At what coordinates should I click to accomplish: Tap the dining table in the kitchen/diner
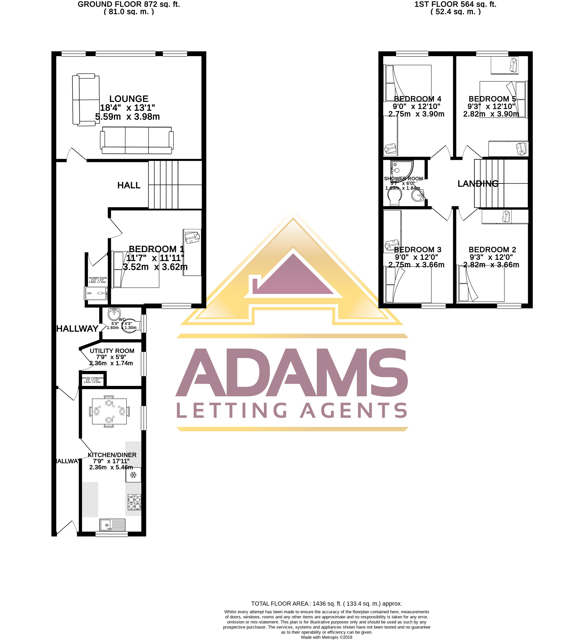(x=109, y=411)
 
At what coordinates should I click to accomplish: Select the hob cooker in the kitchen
(x=134, y=503)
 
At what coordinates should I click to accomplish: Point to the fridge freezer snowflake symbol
(x=133, y=475)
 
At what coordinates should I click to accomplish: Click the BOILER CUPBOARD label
(x=92, y=378)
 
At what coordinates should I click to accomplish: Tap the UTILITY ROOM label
(x=112, y=351)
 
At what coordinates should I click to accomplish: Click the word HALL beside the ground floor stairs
(x=129, y=185)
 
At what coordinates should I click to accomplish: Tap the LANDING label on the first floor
(x=478, y=184)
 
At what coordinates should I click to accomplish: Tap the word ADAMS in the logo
(x=292, y=373)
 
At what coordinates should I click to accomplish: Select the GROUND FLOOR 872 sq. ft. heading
(x=129, y=4)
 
